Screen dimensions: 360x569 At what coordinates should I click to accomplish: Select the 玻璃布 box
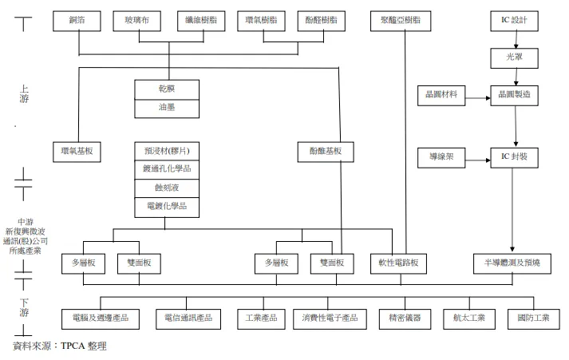click(130, 19)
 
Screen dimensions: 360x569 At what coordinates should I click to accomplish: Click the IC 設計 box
click(514, 19)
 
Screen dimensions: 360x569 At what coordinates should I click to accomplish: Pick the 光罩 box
click(514, 58)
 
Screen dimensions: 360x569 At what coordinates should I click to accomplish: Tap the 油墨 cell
click(167, 107)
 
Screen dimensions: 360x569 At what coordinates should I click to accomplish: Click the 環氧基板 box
click(81, 150)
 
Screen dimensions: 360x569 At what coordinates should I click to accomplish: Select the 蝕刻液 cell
click(167, 188)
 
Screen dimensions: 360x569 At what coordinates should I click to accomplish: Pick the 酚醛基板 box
click(325, 150)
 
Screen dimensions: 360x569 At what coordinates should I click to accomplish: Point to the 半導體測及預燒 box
click(512, 263)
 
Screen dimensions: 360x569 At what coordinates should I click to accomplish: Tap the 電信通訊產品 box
click(188, 318)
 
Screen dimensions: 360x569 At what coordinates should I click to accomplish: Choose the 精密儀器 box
click(404, 318)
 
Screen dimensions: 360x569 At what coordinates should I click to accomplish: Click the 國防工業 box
click(532, 318)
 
